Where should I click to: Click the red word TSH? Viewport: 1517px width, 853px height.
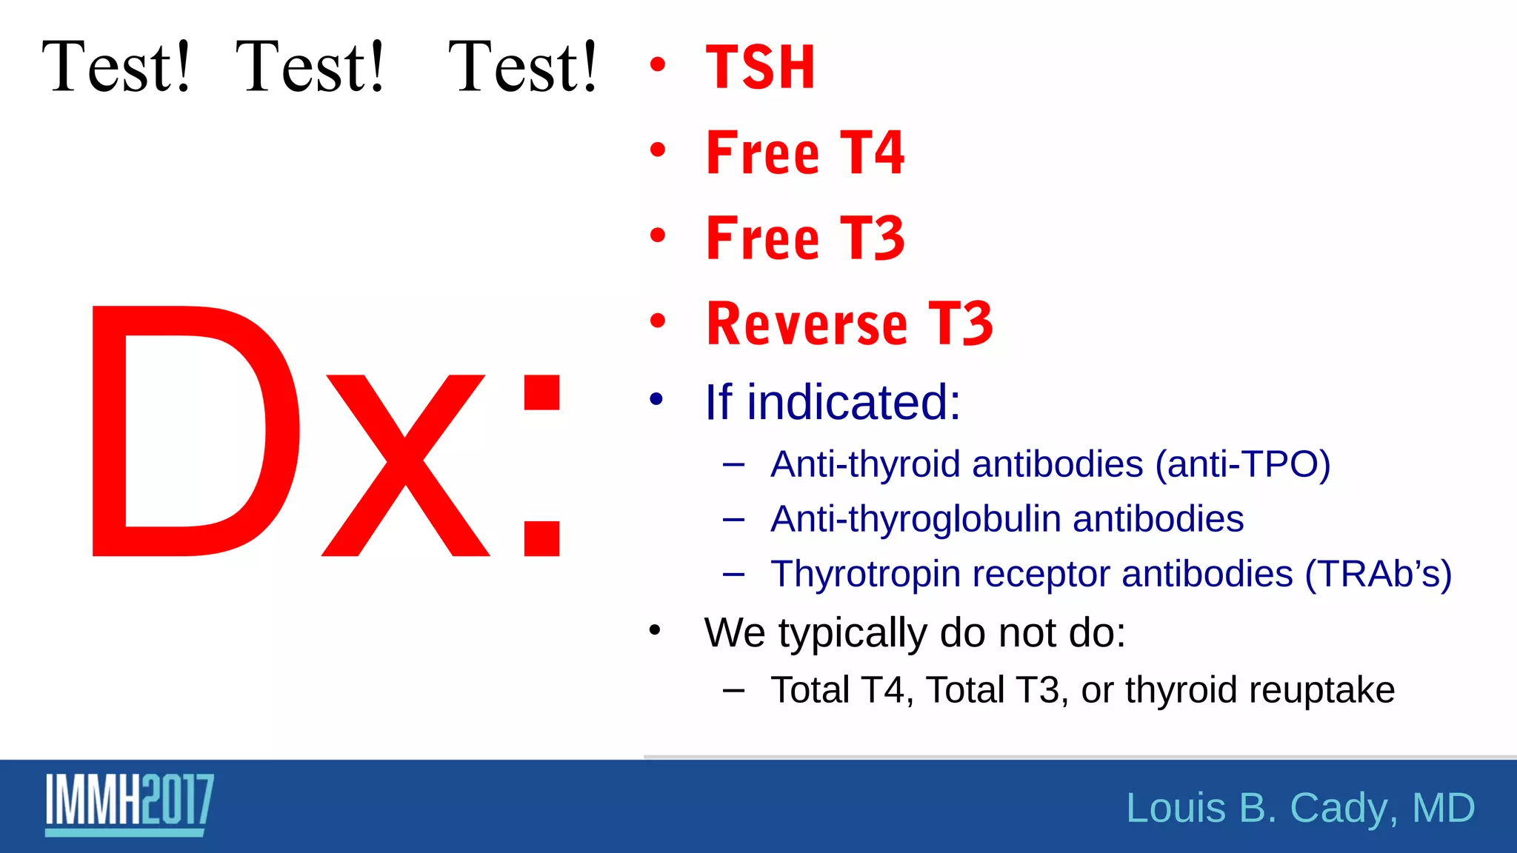point(760,67)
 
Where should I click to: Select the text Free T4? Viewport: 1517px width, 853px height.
point(805,153)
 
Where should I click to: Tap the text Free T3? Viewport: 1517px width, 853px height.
point(805,238)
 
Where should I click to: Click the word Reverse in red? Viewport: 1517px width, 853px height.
point(807,324)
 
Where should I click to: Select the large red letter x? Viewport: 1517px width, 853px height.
point(405,465)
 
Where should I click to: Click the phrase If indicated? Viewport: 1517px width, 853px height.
point(832,402)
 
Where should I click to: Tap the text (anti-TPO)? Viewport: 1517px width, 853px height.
point(1242,465)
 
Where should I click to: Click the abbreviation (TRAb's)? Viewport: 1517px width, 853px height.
point(1377,574)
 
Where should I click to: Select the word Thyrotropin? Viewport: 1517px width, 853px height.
point(865,574)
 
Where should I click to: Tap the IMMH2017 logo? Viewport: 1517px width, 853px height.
point(130,803)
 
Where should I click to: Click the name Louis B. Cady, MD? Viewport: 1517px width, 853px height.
point(1300,807)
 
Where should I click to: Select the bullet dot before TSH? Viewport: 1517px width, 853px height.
point(657,65)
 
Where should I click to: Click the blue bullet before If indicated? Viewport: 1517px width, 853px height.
point(656,400)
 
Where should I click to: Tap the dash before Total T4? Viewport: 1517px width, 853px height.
point(733,690)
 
